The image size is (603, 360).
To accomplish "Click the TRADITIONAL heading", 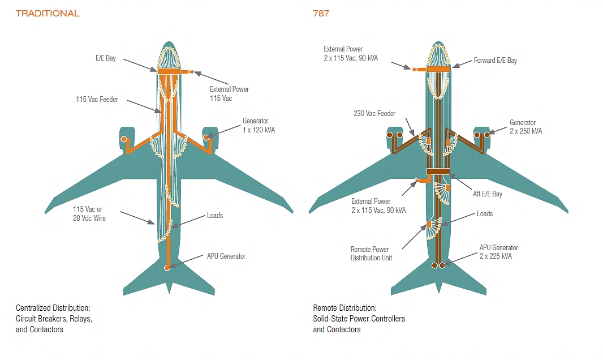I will point(48,14).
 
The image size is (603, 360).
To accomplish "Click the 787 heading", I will point(321,14).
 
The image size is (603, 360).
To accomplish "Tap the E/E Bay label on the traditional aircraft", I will point(106,58).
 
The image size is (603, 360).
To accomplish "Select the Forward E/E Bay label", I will point(495,61).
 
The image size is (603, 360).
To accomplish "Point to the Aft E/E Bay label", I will point(487,194).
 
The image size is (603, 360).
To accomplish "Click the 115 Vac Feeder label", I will point(97,100).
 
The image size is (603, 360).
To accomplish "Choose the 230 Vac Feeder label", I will point(374,114).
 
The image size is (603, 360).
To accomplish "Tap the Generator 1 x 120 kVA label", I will point(259,126).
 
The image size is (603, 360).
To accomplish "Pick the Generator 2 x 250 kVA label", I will point(526,127).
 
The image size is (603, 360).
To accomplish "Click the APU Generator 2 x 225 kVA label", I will point(498,252).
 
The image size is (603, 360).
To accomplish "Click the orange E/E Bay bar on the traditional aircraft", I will point(168,71).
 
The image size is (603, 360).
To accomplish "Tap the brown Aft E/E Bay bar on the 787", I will point(438,171).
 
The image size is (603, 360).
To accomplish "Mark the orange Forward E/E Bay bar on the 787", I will point(438,68).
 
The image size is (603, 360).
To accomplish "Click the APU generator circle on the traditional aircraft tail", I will point(167,268).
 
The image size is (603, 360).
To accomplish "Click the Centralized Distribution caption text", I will point(53,308).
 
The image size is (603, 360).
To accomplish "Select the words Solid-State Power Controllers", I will point(359,319).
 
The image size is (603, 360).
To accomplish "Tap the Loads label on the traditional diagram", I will point(215,216).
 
